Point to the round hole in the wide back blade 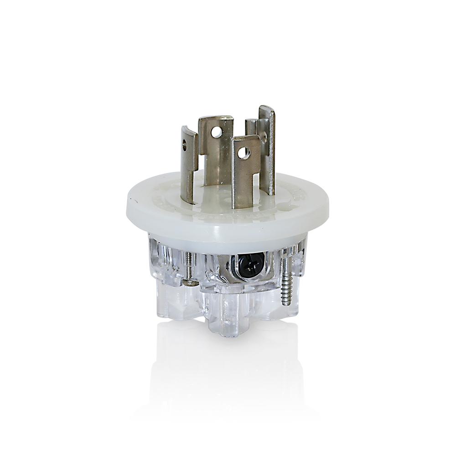218,132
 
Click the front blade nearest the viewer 245,169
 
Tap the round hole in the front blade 244,153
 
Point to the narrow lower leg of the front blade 240,194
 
